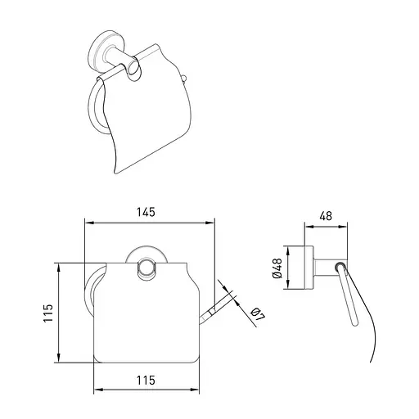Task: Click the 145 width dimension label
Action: [146, 212]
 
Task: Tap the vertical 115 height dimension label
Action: [48, 313]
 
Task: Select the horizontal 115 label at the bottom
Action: [146, 381]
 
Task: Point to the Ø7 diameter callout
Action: [257, 315]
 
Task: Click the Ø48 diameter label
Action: [277, 268]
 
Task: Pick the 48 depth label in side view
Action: [326, 216]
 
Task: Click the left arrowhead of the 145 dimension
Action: [89, 223]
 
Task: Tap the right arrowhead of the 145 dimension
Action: [210, 223]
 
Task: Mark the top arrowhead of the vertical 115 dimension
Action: [59, 268]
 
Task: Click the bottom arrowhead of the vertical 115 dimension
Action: [59, 358]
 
